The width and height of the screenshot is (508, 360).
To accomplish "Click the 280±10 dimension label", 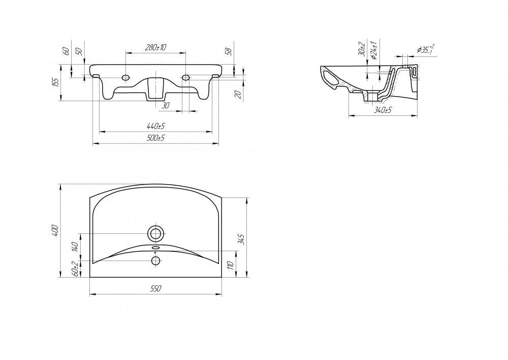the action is (155, 47).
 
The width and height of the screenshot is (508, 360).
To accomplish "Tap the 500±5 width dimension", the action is (155, 138).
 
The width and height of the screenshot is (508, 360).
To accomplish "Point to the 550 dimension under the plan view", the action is (155, 288).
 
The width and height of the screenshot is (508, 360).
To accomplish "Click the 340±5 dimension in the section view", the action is (383, 110).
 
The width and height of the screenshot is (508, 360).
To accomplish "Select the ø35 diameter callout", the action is (426, 49).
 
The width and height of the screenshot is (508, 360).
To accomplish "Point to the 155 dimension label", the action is (56, 82).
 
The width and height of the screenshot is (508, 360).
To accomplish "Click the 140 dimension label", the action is (76, 247).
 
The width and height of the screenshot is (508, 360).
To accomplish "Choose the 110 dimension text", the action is (231, 265).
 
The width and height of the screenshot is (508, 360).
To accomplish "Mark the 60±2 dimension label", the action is (76, 269).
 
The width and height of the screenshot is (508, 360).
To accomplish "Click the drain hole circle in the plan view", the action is (156, 233).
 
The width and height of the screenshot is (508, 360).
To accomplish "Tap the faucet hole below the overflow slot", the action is (156, 260).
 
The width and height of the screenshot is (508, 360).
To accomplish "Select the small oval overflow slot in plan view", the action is (156, 248).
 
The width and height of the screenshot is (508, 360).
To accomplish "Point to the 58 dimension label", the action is (229, 51).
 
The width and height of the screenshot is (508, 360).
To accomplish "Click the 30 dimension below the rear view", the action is (165, 105).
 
